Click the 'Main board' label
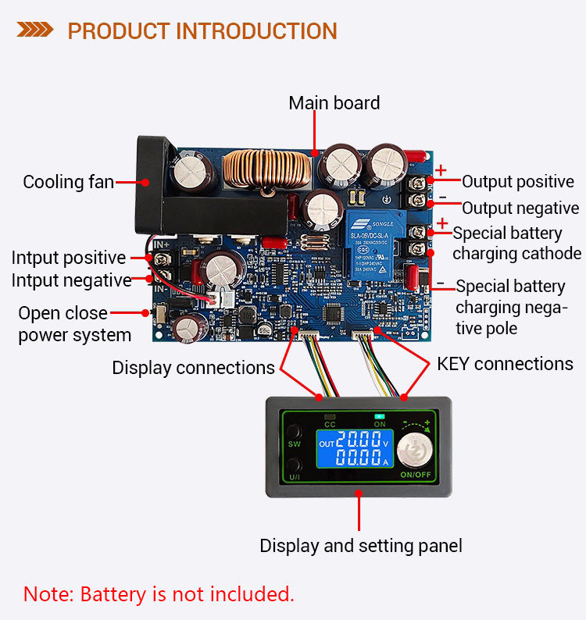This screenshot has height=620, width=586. [334, 103]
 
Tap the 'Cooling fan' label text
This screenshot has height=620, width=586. [68, 183]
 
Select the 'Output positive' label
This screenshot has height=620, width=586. [517, 182]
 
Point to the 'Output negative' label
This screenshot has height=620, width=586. [520, 208]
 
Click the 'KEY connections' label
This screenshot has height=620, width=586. [505, 364]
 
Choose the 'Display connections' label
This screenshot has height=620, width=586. [193, 368]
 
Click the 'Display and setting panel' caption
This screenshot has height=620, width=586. [360, 546]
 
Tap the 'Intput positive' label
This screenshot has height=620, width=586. [68, 258]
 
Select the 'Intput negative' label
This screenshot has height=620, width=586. [71, 280]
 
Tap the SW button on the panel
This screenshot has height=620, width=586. [295, 433]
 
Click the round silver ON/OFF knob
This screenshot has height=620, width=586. [416, 452]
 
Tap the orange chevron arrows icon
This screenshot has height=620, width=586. [36, 31]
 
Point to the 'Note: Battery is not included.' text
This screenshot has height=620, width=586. [159, 593]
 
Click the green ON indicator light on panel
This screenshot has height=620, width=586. [381, 415]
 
